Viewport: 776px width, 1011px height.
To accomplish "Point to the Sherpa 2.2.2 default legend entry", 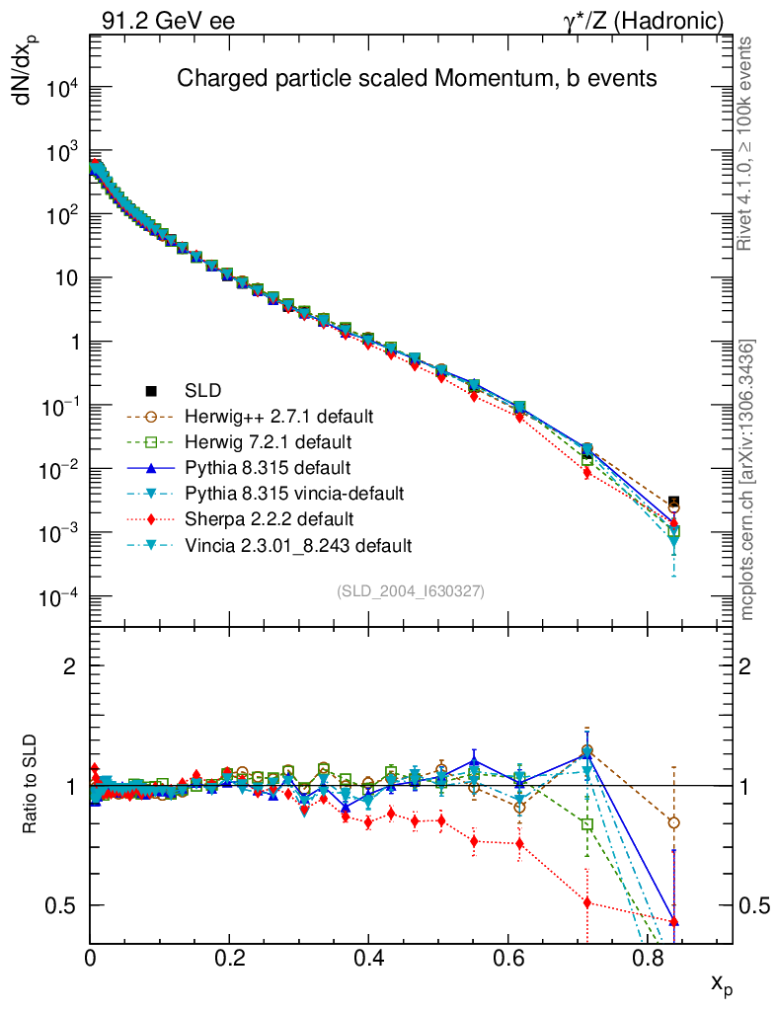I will (269, 518).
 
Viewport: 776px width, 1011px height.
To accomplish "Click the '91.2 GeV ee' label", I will (168, 21).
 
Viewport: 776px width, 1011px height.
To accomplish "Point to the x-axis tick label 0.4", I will (368, 958).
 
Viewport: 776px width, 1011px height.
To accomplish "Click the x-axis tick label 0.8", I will (646, 958).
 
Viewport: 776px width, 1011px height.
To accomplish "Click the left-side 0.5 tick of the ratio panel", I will (66, 905).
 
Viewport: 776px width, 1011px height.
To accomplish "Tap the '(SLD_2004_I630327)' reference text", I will (410, 590).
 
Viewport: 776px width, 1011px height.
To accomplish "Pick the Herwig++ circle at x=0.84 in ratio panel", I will (674, 822).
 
